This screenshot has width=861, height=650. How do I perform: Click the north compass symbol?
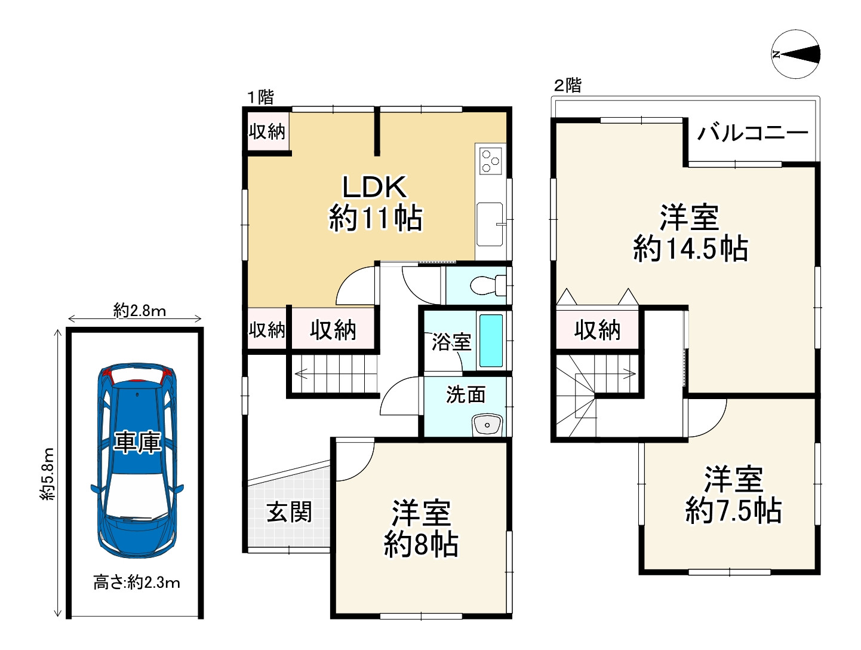795,54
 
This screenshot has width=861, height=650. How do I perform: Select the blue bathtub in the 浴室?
491,341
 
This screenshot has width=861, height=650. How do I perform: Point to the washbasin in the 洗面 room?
488,424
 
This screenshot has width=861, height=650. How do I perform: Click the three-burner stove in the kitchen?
490,161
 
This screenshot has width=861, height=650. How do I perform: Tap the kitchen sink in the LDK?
490,224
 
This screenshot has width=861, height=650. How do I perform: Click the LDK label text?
374,187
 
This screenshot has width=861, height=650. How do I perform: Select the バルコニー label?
752,133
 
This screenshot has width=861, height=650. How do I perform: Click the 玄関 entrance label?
290,511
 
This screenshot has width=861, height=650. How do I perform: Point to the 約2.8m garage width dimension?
140,311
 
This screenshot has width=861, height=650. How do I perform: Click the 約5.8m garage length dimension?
48,473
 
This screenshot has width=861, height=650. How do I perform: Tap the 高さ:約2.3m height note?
137,582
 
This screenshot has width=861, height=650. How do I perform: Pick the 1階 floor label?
260,97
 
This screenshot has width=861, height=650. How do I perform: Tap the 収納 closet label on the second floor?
597,330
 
